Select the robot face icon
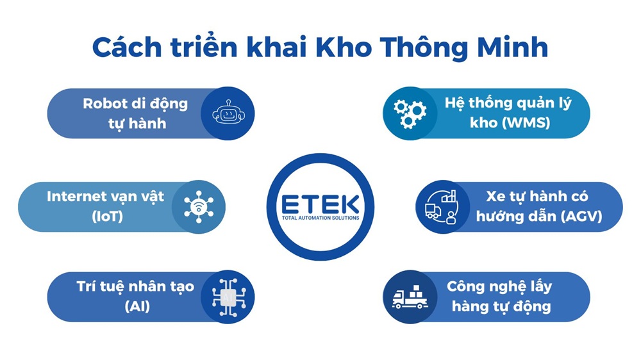tap(229, 113)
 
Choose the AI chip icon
tap(229, 296)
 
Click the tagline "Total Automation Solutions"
tap(320, 218)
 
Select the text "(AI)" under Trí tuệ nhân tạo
tap(137, 306)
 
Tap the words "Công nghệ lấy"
tap(499, 286)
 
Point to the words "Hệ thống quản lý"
tap(508, 103)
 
